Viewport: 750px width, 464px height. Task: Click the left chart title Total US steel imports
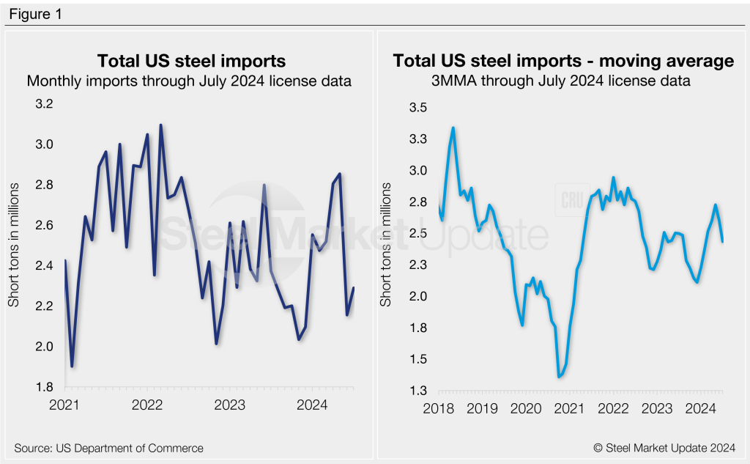192,60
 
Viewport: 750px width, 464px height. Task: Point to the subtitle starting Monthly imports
189,81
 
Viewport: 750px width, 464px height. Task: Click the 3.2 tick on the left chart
45,104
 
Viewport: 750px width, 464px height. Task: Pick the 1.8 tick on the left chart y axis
45,387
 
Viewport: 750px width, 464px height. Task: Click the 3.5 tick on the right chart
417,108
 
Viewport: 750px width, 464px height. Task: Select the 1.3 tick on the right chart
417,391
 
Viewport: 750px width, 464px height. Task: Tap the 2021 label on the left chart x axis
66,405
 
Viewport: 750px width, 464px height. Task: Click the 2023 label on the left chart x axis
229,405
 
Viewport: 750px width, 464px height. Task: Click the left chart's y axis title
14,246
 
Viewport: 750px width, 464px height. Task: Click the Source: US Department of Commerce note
108,447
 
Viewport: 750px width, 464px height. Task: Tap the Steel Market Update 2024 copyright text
665,447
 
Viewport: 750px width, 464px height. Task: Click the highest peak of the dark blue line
160,125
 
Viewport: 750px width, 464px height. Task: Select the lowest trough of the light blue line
560,377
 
